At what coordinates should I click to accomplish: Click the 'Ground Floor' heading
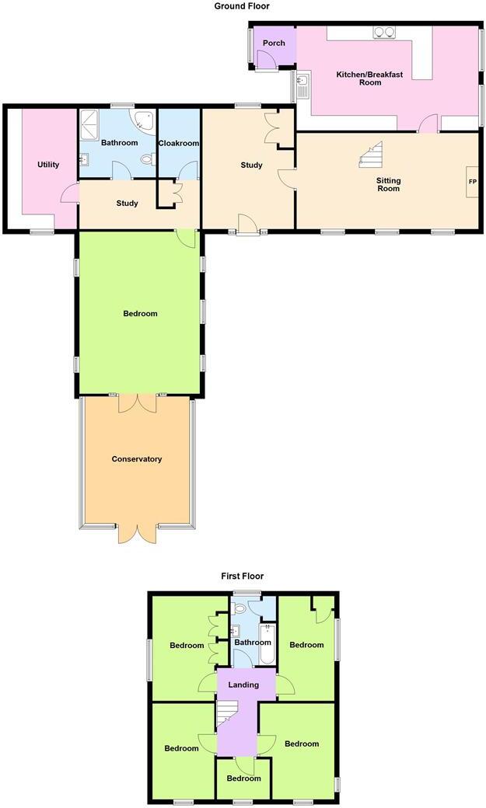242,6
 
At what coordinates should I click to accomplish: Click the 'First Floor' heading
242,576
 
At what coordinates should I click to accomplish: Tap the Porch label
274,44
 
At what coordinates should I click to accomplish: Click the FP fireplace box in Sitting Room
471,183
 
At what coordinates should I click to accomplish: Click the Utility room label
48,165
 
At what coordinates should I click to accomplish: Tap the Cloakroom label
179,144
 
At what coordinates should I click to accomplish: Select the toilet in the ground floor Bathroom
147,159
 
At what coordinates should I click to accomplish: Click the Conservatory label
137,459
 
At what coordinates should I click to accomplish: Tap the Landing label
243,684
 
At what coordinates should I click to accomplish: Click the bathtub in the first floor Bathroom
267,643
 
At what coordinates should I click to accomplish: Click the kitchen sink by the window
303,84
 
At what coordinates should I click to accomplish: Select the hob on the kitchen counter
384,32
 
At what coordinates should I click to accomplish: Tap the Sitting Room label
388,185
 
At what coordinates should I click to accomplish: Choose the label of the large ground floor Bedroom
140,314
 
